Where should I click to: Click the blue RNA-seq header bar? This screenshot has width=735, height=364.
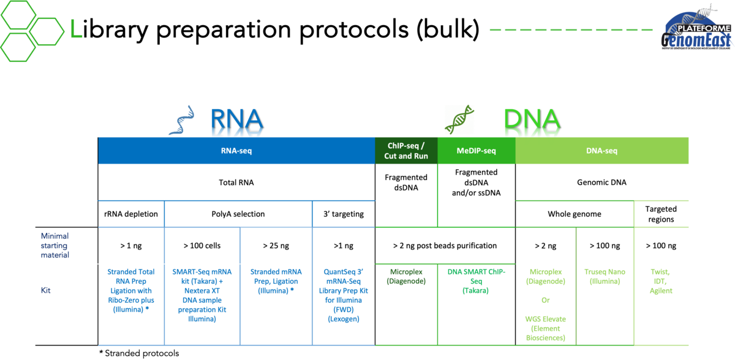(x=236, y=150)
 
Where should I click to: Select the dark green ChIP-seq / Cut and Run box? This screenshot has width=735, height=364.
(x=406, y=151)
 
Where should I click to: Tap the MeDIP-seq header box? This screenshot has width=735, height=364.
(x=477, y=151)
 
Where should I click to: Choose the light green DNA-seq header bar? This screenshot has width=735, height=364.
(x=602, y=151)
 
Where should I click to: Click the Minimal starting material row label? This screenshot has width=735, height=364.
(x=55, y=245)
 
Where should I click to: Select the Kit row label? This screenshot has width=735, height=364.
(x=45, y=290)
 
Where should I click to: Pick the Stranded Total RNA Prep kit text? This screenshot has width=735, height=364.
(x=131, y=291)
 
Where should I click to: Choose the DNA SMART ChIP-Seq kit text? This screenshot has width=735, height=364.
(x=476, y=281)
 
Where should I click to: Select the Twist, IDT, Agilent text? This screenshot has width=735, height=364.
(x=661, y=281)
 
